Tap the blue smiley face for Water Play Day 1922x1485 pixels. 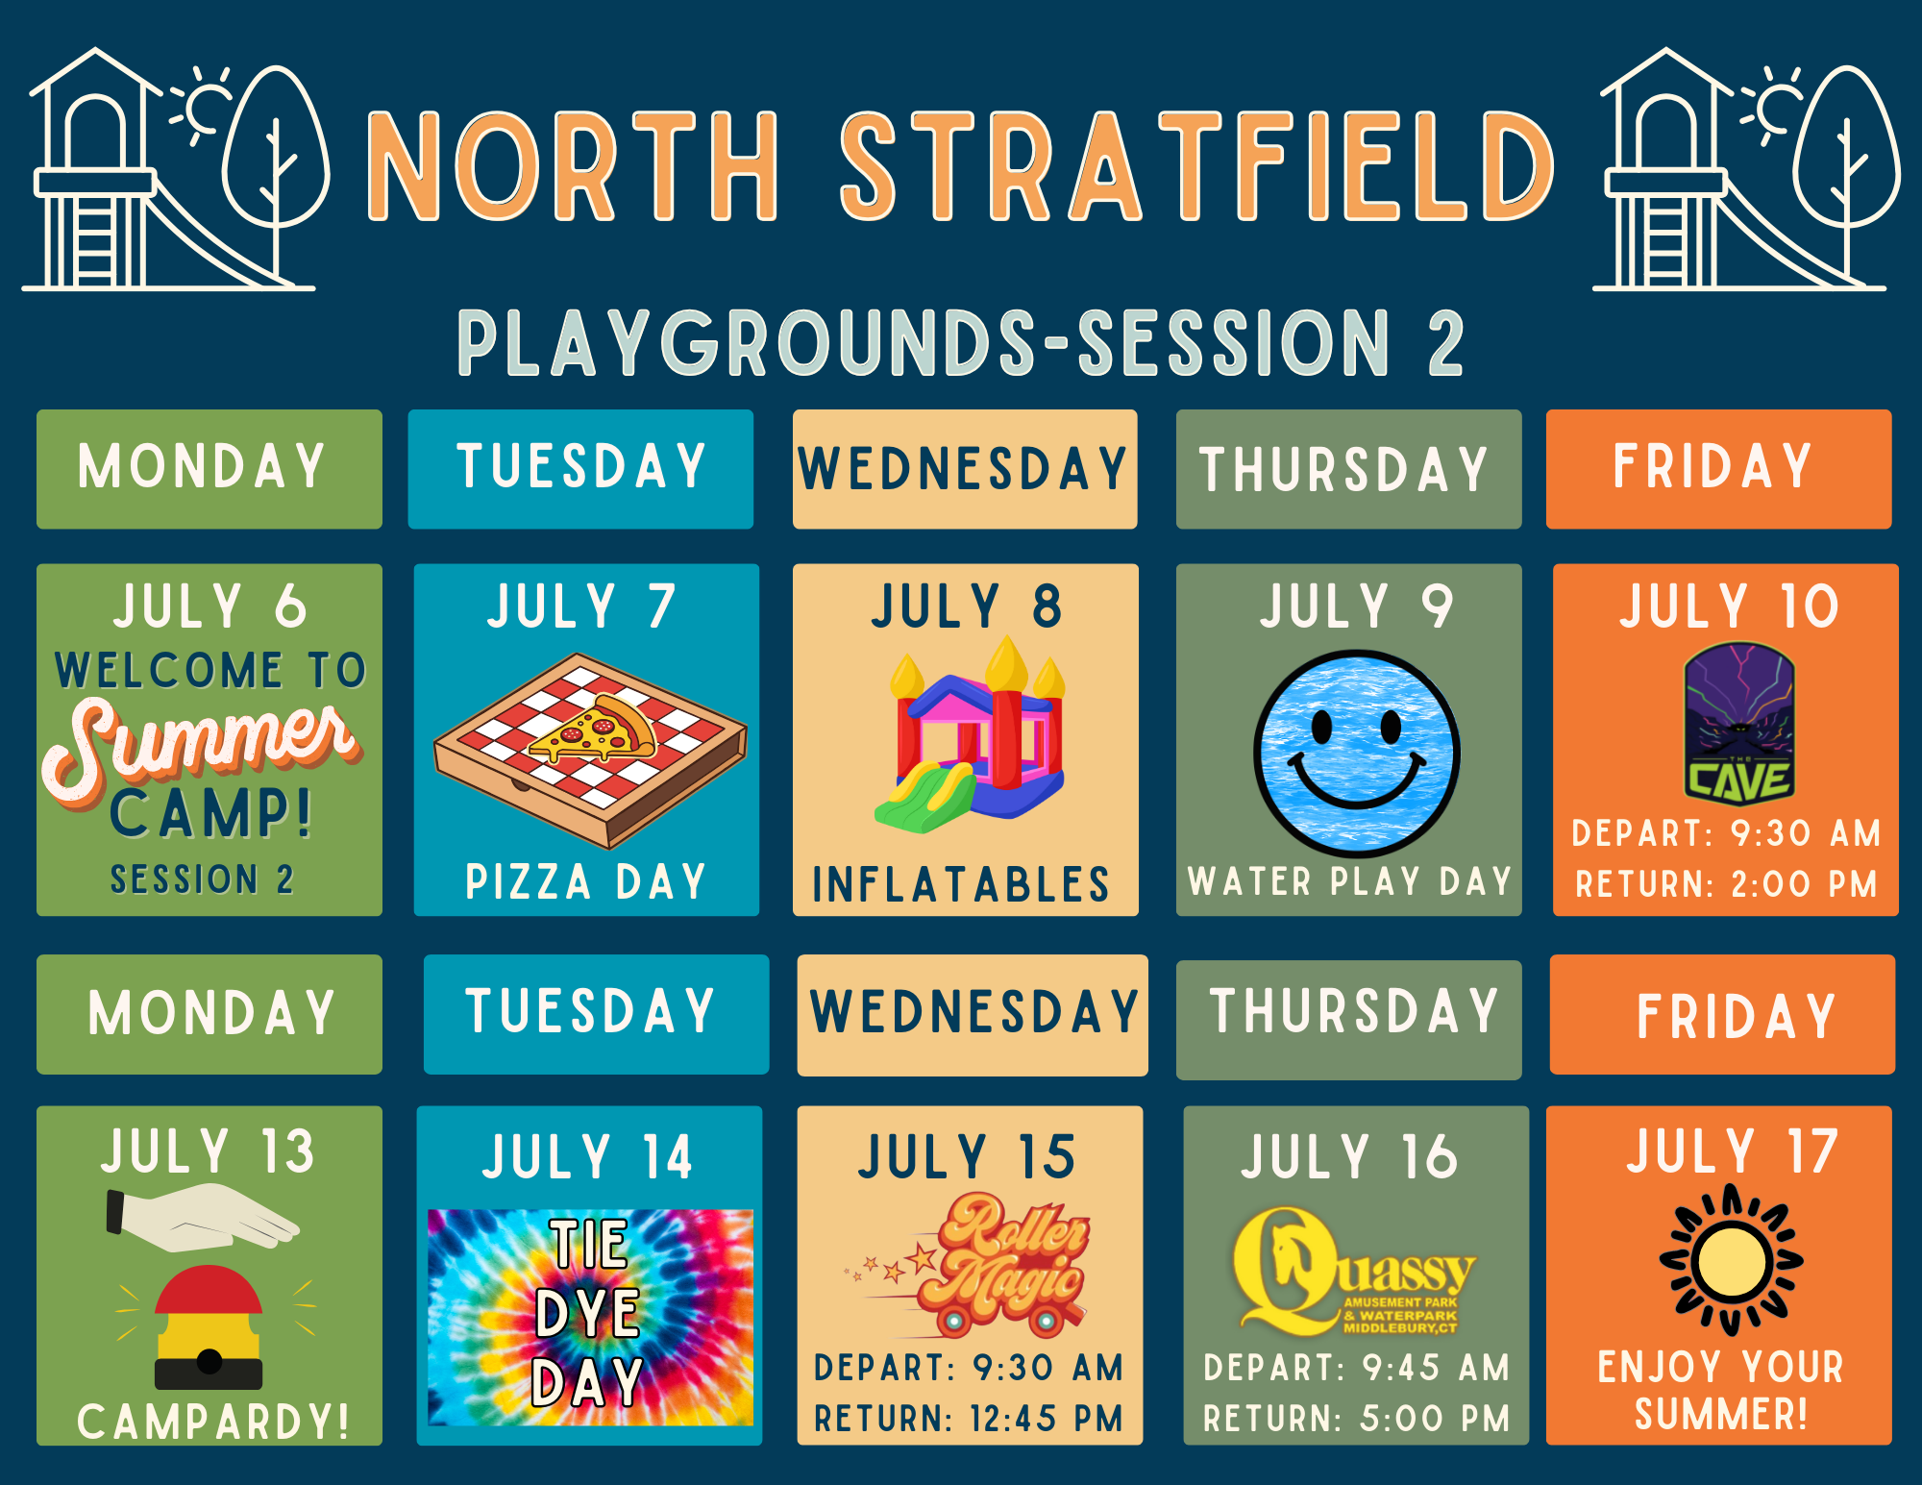click(1356, 754)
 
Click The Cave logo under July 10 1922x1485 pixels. click(1739, 724)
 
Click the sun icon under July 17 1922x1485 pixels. click(1731, 1260)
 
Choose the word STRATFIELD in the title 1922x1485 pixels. click(1197, 165)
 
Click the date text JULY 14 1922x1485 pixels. click(587, 1156)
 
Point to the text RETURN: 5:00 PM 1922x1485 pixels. click(1356, 1419)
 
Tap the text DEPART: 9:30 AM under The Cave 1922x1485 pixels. click(1726, 833)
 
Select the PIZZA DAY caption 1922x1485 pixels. click(586, 881)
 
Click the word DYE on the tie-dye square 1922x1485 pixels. click(587, 1313)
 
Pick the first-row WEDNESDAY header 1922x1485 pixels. click(964, 469)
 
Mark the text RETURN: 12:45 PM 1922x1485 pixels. click(969, 1419)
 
